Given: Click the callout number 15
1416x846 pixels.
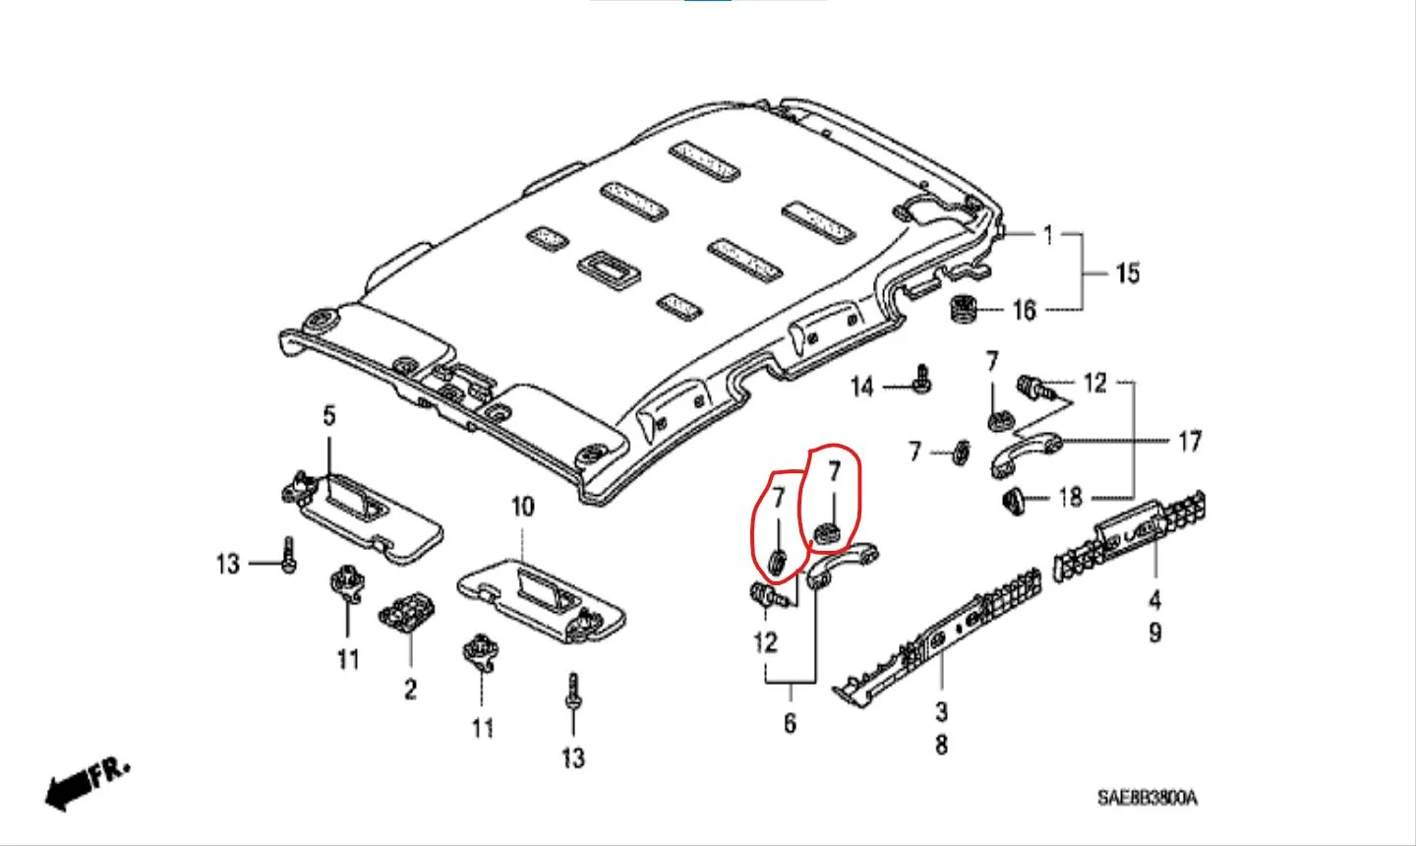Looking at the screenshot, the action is pyautogui.click(x=1127, y=273).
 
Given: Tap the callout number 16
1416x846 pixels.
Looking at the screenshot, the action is pyautogui.click(x=1025, y=311).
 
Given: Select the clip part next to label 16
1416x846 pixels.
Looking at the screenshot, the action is pyautogui.click(x=963, y=308).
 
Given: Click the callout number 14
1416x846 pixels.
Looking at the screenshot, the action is pyautogui.click(x=862, y=387).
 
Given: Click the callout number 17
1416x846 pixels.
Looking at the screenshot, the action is pyautogui.click(x=1189, y=442).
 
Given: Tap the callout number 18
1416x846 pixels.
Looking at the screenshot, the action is pyautogui.click(x=1070, y=498).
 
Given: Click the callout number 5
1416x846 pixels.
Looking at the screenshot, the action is pyautogui.click(x=328, y=416).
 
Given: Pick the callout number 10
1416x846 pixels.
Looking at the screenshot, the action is pyautogui.click(x=522, y=507).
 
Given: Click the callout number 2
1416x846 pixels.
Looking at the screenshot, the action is pyautogui.click(x=410, y=689).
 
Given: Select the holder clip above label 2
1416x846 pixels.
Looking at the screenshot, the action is pyautogui.click(x=406, y=612).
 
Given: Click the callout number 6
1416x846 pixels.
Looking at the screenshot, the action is pyautogui.click(x=790, y=723).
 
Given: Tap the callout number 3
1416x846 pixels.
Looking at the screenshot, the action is pyautogui.click(x=941, y=711).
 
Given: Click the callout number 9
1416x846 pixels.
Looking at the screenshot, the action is pyautogui.click(x=1154, y=633).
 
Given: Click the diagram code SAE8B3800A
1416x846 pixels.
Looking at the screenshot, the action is pyautogui.click(x=1148, y=798).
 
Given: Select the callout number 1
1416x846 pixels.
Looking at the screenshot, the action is pyautogui.click(x=1048, y=235).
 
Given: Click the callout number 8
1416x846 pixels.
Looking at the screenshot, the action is pyautogui.click(x=941, y=745).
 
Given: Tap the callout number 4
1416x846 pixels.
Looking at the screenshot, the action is pyautogui.click(x=1154, y=599).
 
